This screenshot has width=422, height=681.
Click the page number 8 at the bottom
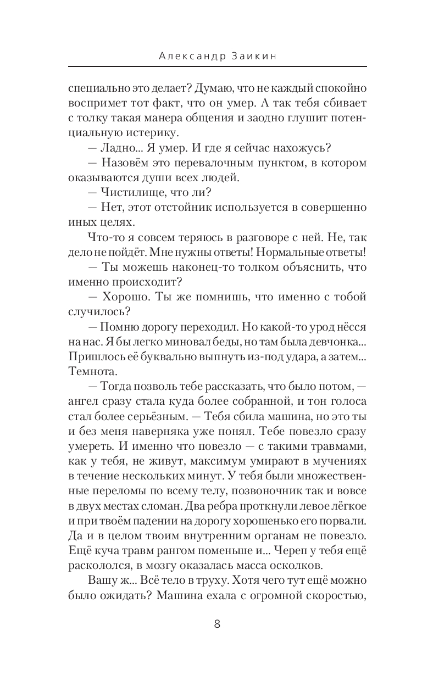click(x=216, y=624)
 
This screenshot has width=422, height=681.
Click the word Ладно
click(x=124, y=148)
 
